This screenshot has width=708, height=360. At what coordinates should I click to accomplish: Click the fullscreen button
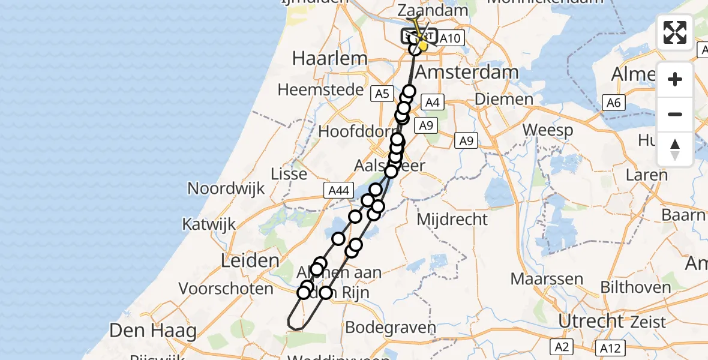point(675,32)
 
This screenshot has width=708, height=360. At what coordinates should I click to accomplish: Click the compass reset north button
point(675,149)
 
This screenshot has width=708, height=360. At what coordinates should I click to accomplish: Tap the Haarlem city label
point(329,59)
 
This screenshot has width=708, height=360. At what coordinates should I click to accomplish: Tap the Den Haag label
point(153,331)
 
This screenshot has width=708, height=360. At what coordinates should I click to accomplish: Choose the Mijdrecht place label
point(452,220)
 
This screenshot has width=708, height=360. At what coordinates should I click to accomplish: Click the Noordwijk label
point(226,188)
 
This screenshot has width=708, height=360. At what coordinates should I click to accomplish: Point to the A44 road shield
point(337,191)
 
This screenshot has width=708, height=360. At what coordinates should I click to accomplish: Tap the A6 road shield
point(613,103)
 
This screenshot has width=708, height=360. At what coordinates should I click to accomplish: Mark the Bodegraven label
point(390,328)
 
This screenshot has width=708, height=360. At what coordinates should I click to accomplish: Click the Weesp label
point(547,130)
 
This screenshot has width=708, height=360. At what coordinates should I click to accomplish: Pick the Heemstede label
point(321,90)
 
